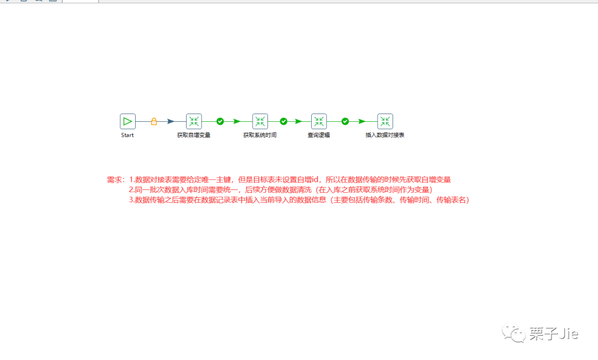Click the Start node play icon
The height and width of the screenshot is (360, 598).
tap(127, 121)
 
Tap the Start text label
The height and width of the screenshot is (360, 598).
tap(127, 135)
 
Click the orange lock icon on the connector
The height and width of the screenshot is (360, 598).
tap(154, 121)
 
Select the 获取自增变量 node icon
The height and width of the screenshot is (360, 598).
tap(194, 121)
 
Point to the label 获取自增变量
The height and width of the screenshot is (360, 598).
tap(194, 135)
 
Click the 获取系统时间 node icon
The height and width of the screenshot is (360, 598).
tap(260, 121)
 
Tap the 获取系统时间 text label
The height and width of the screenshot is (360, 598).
tap(260, 135)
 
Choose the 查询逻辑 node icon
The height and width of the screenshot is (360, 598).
tap(319, 121)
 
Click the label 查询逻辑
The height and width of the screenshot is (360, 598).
tap(319, 135)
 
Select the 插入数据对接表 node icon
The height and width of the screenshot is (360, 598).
tap(385, 121)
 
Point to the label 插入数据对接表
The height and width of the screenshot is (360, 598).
tap(385, 135)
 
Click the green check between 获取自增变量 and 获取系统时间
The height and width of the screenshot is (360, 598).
tap(220, 121)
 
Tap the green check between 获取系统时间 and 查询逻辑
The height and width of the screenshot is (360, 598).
tap(283, 121)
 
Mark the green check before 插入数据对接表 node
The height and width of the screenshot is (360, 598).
tap(345, 121)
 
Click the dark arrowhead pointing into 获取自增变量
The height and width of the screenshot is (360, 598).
tap(171, 121)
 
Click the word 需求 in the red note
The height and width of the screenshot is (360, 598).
tap(115, 180)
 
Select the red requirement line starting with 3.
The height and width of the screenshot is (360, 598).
tap(299, 200)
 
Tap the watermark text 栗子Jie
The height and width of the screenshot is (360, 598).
tap(553, 333)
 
